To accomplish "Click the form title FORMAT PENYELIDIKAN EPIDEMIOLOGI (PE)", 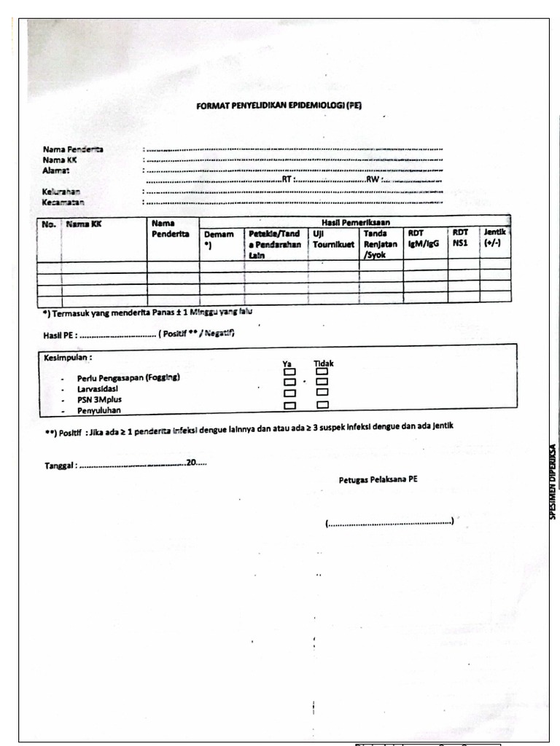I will tap(279, 106).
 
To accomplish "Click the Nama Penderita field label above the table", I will tap(72, 149).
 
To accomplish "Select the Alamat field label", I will tap(55, 170).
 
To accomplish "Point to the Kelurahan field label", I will tap(61, 192).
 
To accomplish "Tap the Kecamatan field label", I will tap(63, 202).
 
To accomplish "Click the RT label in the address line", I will tap(287, 180).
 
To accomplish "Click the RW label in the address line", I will tap(373, 180).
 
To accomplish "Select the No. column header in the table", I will tap(49, 224).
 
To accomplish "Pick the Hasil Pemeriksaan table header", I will tap(354, 221).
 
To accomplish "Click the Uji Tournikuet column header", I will tap(333, 239).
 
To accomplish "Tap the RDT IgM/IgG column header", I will tap(424, 239).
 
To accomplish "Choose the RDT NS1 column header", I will tap(460, 237).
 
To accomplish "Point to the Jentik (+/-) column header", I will tap(494, 237).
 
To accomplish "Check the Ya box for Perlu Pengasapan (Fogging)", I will tap(290, 372).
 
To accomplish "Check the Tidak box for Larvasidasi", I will tap(322, 382).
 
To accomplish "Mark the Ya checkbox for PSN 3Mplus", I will tap(290, 393).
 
